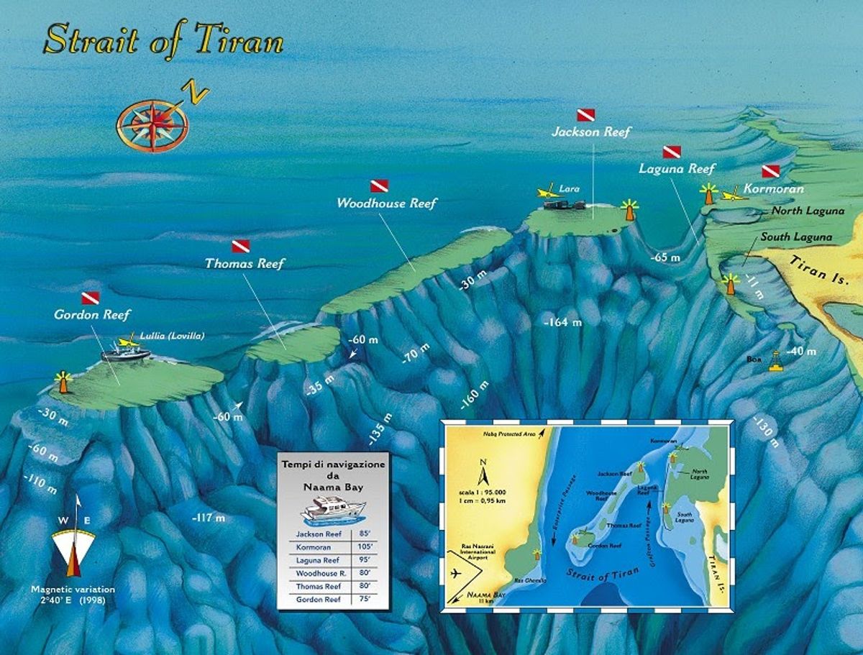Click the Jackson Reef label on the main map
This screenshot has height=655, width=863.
point(590,132)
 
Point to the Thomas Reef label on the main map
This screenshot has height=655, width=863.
point(245,263)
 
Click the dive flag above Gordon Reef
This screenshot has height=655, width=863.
point(89,298)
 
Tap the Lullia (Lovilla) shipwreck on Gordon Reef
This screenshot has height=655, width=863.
point(126,353)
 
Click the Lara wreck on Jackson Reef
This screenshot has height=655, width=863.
point(565,204)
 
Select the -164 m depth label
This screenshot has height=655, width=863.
point(563,323)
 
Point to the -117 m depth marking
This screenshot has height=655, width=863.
point(209,517)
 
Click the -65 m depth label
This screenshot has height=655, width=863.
point(665,257)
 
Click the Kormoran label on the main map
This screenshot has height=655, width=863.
point(774,189)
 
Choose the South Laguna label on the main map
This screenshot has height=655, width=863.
point(796,237)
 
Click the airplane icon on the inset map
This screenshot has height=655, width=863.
point(455,573)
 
